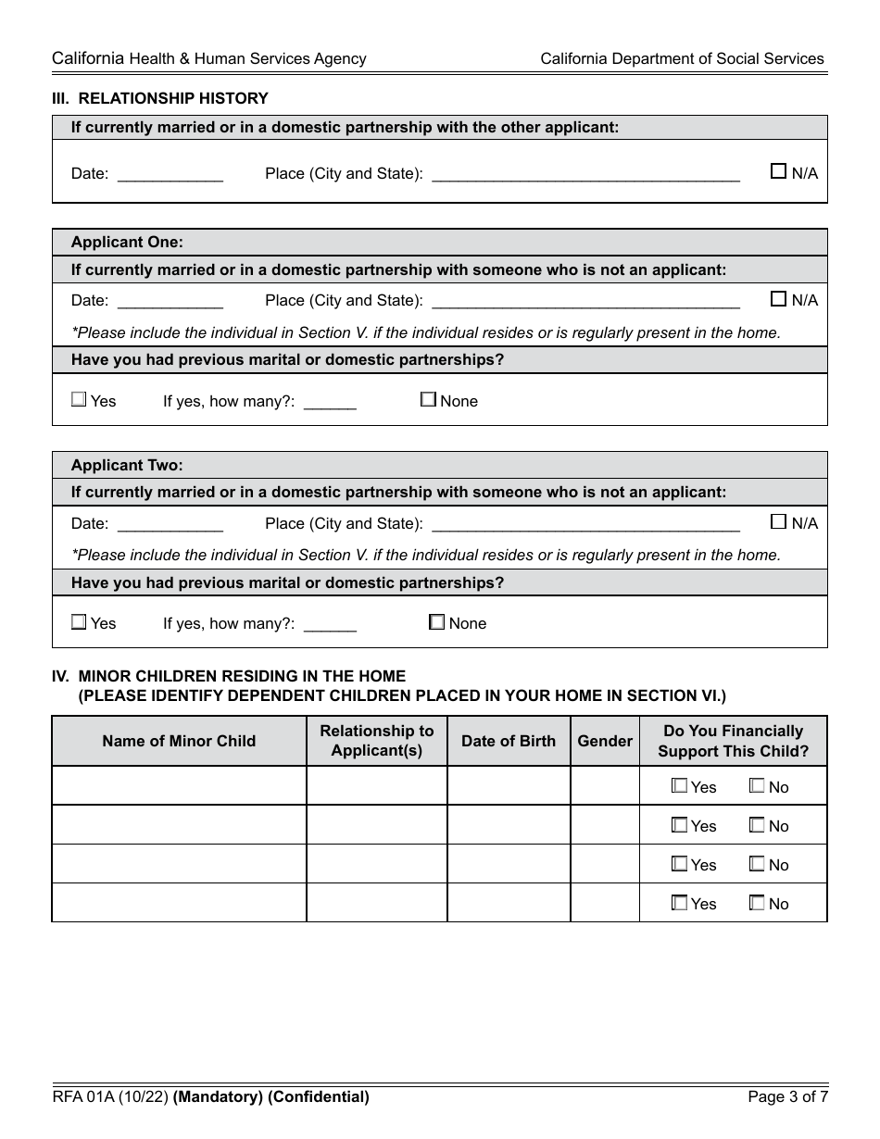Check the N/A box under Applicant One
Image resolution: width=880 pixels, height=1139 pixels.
pyautogui.click(x=778, y=299)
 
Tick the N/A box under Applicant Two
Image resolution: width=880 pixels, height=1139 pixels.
pyautogui.click(x=778, y=522)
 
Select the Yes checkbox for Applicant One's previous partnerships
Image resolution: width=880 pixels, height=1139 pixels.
pyautogui.click(x=79, y=400)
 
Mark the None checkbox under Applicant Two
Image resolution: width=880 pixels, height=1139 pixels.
pyautogui.click(x=437, y=622)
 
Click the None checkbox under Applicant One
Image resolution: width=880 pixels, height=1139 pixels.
pyautogui.click(x=428, y=400)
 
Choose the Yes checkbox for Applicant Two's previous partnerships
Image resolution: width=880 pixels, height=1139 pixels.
pyautogui.click(x=79, y=622)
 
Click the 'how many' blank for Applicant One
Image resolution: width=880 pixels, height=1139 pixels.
pyautogui.click(x=330, y=402)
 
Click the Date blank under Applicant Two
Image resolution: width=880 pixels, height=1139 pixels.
pyautogui.click(x=170, y=524)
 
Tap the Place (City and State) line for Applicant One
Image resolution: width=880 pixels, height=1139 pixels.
pyautogui.click(x=585, y=301)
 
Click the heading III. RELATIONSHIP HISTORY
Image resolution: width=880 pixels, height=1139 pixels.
pyautogui.click(x=159, y=98)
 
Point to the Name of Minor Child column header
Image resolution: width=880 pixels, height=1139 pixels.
pyautogui.click(x=179, y=741)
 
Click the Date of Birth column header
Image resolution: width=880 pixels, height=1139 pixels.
pyautogui.click(x=509, y=741)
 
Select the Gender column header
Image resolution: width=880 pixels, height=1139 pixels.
pyautogui.click(x=605, y=741)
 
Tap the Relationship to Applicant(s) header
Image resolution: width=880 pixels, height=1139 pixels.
pyautogui.click(x=376, y=741)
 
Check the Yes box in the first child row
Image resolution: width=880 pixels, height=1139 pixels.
pyautogui.click(x=679, y=786)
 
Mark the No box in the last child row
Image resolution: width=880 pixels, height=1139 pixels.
pyautogui.click(x=757, y=903)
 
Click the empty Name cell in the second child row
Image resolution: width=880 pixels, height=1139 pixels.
pyautogui.click(x=179, y=825)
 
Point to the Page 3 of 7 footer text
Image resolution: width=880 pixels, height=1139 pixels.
pyautogui.click(x=787, y=1097)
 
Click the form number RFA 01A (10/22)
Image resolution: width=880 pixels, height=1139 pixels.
pyautogui.click(x=110, y=1097)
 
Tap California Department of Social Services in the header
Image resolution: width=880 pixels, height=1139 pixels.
pyautogui.click(x=682, y=58)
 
